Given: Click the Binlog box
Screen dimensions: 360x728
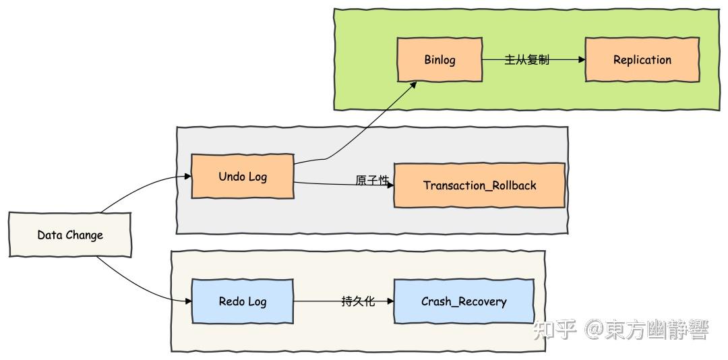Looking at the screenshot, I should tap(439, 59).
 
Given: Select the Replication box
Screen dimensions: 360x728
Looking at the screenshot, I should tap(642, 59).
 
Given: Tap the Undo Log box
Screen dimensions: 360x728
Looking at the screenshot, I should tap(243, 177).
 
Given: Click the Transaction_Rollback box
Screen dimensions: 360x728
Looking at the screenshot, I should tap(479, 185).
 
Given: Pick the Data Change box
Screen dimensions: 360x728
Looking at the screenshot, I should tap(70, 235).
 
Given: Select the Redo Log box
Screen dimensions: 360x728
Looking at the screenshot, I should tap(243, 301).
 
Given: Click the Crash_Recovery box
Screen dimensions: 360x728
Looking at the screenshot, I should tap(463, 301).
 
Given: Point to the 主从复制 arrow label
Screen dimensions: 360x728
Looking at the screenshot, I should tap(526, 60).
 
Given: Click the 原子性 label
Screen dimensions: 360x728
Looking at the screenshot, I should tap(372, 181).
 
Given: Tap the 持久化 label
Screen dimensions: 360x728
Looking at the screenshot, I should tap(357, 301).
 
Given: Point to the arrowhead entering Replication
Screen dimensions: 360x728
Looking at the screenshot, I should tap(582, 59).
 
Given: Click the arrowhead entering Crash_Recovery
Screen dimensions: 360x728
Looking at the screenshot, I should tap(390, 301).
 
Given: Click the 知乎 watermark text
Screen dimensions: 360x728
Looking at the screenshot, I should tap(554, 331).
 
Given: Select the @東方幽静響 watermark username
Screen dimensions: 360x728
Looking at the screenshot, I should tap(646, 331).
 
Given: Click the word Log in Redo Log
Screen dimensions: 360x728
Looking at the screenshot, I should tap(256, 301).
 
